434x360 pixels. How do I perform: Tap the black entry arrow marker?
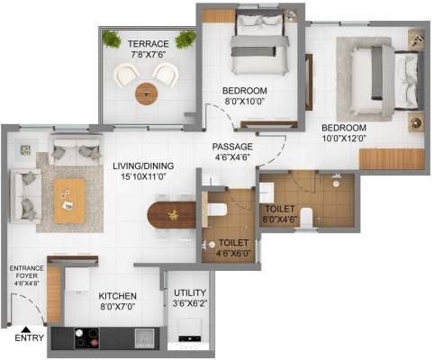(x=32, y=329)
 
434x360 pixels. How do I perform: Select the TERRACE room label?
(x=148, y=43)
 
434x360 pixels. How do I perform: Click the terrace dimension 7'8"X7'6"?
(x=148, y=54)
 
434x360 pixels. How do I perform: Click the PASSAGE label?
(x=232, y=146)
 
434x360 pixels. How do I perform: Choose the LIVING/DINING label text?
(x=143, y=166)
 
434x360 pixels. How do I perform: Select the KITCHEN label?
(x=117, y=294)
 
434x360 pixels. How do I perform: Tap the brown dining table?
(x=172, y=217)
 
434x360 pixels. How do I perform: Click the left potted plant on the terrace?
(x=112, y=39)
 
